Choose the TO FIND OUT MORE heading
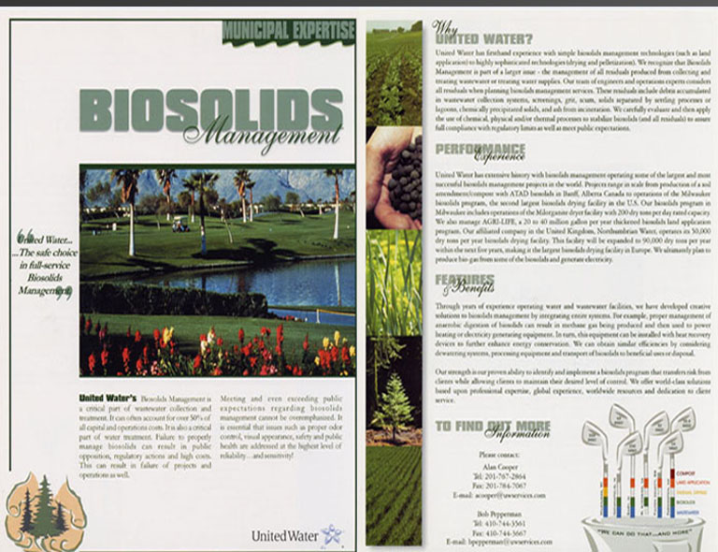click(493, 428)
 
